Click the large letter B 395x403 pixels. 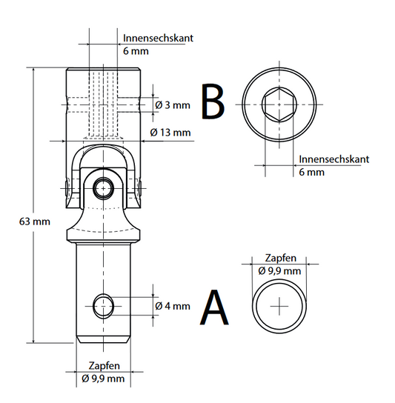coord(213,101)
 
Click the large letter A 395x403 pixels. coord(214,307)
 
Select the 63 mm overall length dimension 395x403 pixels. coord(34,222)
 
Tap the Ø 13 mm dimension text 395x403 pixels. coord(170,133)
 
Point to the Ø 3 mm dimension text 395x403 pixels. coord(173,105)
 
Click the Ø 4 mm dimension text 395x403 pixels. coord(173,306)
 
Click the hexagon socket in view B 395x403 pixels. coord(279,104)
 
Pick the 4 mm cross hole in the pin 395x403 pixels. coord(103,306)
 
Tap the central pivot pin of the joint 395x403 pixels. coord(103,189)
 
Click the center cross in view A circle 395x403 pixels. coord(279,306)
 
